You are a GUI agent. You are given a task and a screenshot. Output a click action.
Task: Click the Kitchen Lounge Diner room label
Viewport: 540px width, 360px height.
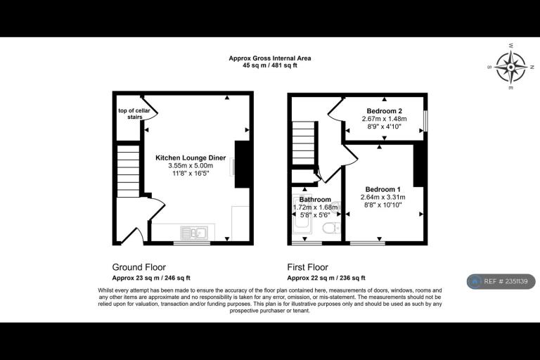click(191, 157)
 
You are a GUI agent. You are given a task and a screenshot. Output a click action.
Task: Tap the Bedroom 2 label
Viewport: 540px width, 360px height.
click(385, 111)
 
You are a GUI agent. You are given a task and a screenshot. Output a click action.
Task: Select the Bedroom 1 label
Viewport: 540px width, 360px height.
click(382, 189)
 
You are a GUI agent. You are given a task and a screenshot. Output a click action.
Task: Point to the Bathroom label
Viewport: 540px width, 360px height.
click(315, 200)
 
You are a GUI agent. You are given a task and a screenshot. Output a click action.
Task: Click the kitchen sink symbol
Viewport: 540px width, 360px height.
click(194, 233)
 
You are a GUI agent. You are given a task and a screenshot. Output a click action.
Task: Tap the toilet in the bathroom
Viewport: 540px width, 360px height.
click(331, 228)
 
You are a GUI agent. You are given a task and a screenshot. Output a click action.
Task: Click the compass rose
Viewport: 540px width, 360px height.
click(510, 67)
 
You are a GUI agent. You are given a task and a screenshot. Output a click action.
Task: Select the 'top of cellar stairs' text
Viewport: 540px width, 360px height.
click(134, 114)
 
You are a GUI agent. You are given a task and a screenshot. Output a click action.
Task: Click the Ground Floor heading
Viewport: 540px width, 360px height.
click(139, 267)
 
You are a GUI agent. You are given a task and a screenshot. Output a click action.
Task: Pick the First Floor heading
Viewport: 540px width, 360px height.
click(307, 267)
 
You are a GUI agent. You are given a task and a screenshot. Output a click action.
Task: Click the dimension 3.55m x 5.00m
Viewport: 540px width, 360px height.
click(191, 165)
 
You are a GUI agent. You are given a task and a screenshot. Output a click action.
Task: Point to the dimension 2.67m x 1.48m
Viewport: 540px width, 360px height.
click(385, 119)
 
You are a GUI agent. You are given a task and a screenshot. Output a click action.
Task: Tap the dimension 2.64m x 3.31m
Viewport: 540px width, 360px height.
click(383, 197)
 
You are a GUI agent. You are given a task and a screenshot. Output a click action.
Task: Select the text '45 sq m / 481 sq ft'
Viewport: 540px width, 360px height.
click(270, 65)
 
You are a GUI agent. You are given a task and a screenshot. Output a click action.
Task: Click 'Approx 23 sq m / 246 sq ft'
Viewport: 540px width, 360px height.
click(151, 278)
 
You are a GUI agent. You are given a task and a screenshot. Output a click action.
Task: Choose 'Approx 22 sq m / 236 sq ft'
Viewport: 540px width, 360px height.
click(326, 278)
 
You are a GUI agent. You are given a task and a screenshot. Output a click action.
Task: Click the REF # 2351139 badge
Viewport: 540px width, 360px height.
click(501, 281)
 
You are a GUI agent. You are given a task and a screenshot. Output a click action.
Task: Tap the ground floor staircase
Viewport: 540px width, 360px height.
click(128, 172)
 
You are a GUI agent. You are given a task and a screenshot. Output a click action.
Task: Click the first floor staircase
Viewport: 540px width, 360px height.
click(304, 143)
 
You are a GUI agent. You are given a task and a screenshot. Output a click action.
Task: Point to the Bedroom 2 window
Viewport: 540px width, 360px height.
click(425, 120)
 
